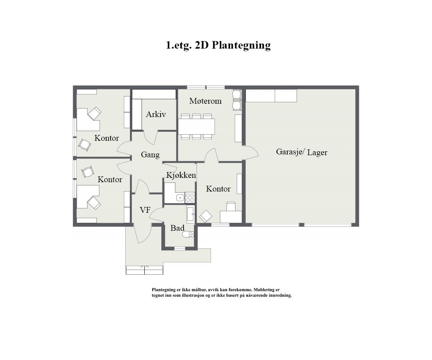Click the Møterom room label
[x=205, y=101]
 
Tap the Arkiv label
[x=156, y=114]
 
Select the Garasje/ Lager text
[x=302, y=152]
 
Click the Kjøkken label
[x=181, y=175]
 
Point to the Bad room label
[x=177, y=228]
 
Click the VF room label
[x=145, y=210]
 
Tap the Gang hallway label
[x=150, y=155]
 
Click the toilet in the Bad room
[x=188, y=234]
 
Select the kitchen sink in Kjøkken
[x=180, y=198]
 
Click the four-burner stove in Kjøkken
[x=190, y=198]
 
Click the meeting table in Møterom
[x=197, y=126]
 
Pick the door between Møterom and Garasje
[x=251, y=153]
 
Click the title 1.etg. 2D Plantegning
[x=218, y=45]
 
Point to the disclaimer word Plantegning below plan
[x=163, y=289]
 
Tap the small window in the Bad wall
[x=179, y=248]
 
